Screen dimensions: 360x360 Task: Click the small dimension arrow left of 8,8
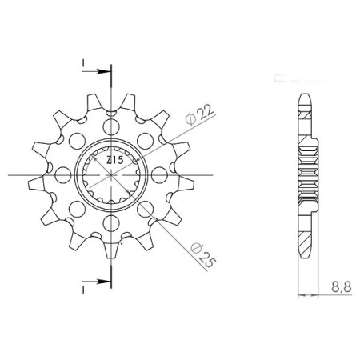[x=302, y=295]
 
